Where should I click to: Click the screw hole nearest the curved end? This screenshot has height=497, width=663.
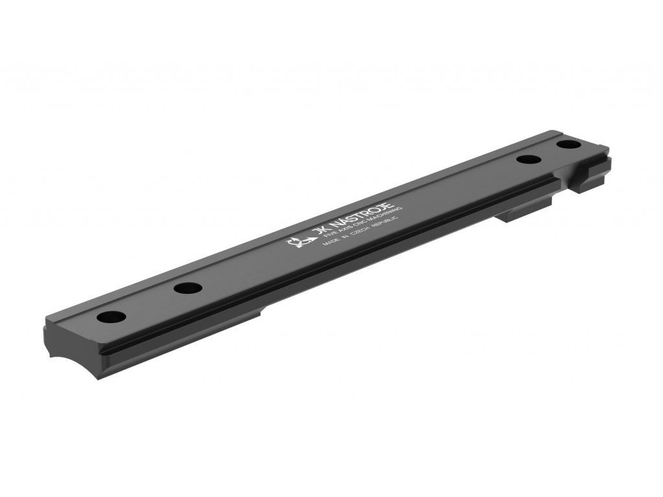point(111,318)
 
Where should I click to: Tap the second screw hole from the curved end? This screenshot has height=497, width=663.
point(186,288)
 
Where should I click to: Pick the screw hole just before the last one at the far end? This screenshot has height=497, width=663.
point(529,160)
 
